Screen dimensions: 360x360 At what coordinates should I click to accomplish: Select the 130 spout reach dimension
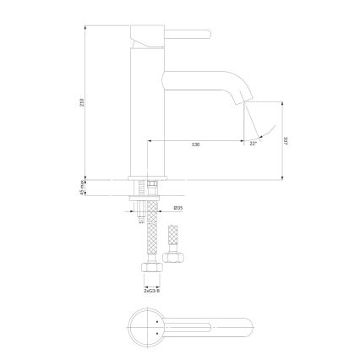(196, 145)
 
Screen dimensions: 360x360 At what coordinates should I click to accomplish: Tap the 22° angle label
(253, 145)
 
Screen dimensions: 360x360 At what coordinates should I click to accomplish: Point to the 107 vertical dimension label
(287, 143)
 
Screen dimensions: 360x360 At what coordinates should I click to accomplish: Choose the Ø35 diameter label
(178, 208)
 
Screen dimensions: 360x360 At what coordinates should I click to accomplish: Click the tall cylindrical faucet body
(149, 110)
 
